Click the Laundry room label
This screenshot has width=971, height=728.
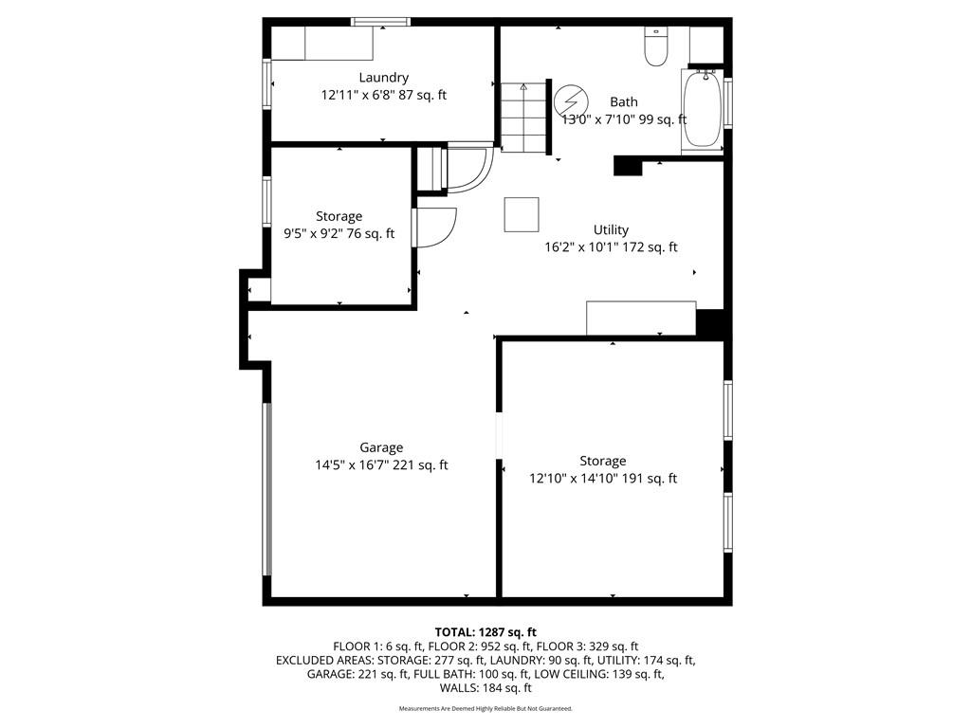(383, 78)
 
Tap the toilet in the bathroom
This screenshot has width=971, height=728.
(655, 46)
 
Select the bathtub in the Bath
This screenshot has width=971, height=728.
(703, 111)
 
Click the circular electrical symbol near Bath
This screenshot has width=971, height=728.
(569, 100)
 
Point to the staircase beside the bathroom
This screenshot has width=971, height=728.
(525, 117)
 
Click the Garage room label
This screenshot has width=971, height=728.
(381, 447)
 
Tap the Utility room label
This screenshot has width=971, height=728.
(611, 229)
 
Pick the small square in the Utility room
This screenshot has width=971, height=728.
(522, 215)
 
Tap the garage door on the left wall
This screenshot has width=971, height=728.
(266, 489)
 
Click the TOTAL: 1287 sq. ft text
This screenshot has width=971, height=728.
(485, 632)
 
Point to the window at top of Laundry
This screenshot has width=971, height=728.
(381, 23)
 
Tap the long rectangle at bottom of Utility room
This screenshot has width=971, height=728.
(641, 318)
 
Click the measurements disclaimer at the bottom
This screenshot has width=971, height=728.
(485, 708)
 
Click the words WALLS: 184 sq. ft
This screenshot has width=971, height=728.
(485, 688)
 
